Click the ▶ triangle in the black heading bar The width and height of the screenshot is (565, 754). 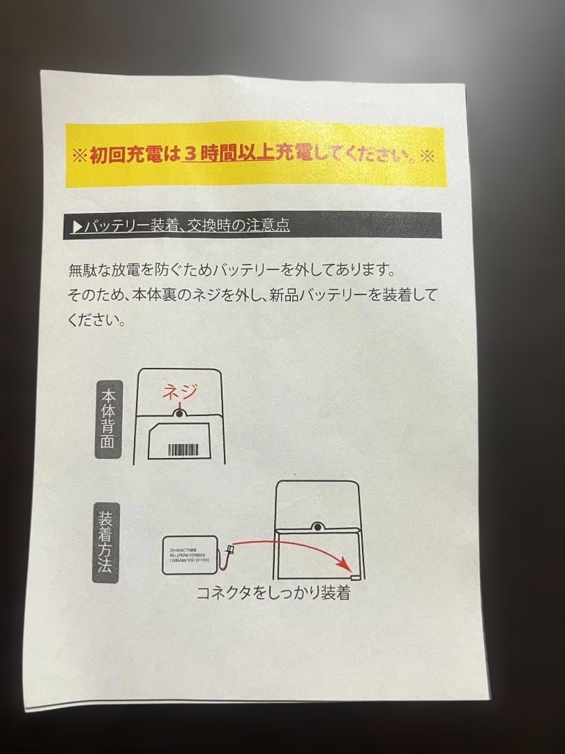(x=77, y=227)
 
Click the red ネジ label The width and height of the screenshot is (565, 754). (x=180, y=392)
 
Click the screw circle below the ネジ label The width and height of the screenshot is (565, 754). (x=179, y=414)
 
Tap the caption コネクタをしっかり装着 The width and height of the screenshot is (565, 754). (x=272, y=594)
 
